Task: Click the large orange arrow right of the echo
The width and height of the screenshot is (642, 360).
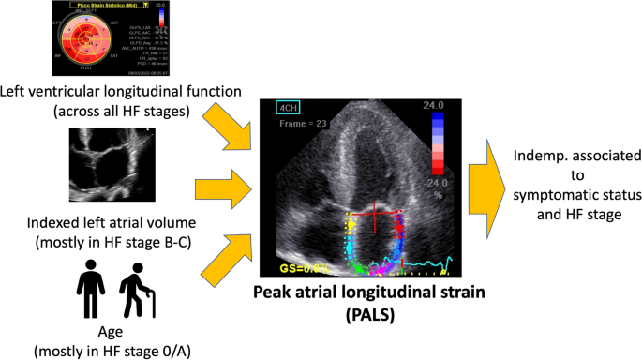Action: point(497,180)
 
